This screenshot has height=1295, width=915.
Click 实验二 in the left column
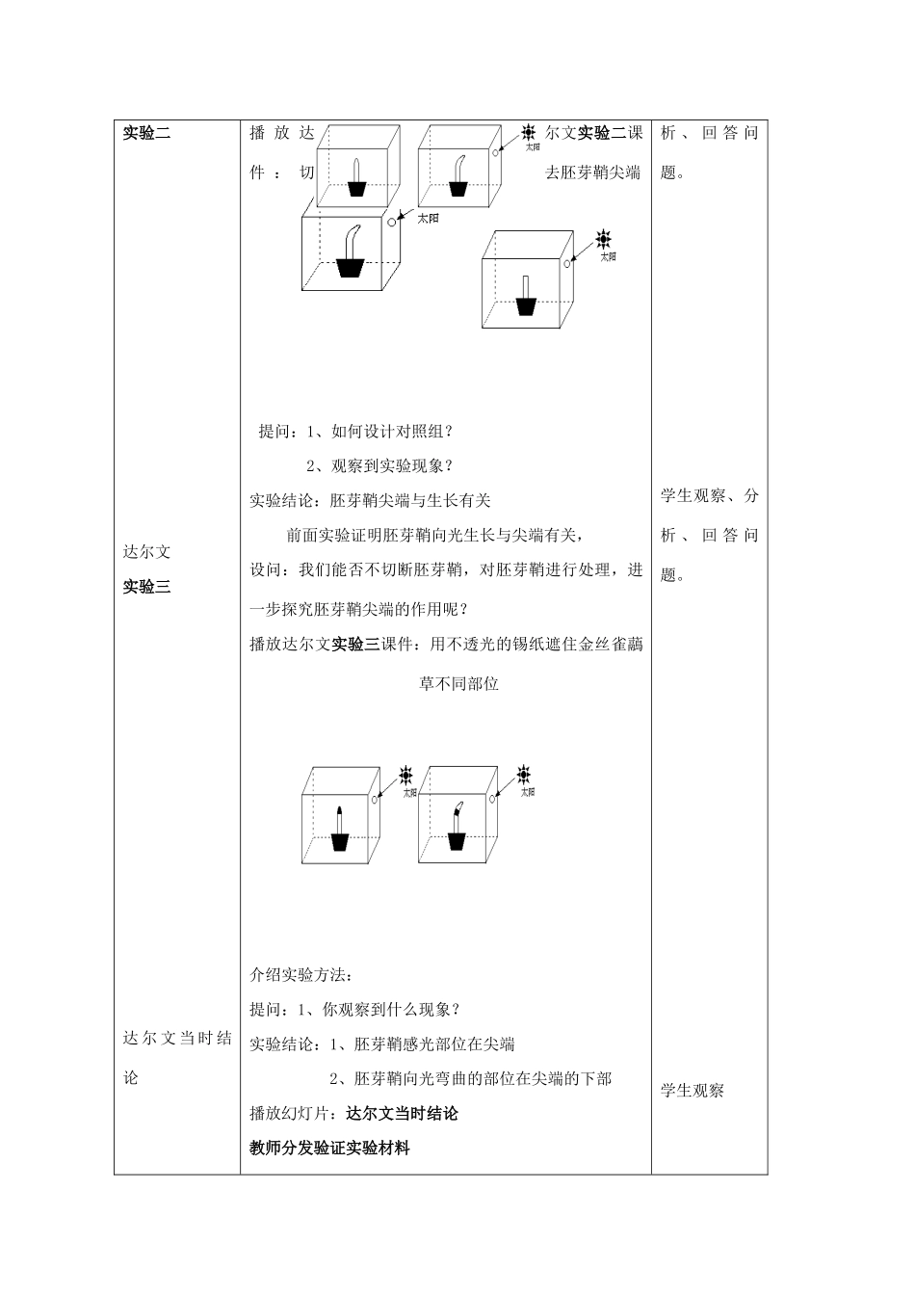pyautogui.click(x=146, y=134)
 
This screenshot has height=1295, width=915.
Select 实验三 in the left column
pyautogui.click(x=146, y=587)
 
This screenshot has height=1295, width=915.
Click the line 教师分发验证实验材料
pyautogui.click(x=329, y=1149)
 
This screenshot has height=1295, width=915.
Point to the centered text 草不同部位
pyautogui.click(x=458, y=685)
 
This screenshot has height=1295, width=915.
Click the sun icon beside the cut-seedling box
pyautogui.click(x=604, y=238)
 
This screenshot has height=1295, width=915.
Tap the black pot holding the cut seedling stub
pyautogui.click(x=526, y=306)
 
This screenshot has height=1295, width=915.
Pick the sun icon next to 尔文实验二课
pyautogui.click(x=529, y=132)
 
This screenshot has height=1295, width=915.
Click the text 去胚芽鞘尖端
pyautogui.click(x=592, y=173)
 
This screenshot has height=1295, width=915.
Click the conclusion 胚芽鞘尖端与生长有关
pyautogui.click(x=410, y=501)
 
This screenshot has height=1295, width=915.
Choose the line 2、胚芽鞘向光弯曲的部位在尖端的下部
pyautogui.click(x=470, y=1079)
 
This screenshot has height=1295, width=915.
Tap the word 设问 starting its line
pyautogui.click(x=266, y=570)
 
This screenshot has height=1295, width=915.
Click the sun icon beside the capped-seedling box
pyautogui.click(x=405, y=775)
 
